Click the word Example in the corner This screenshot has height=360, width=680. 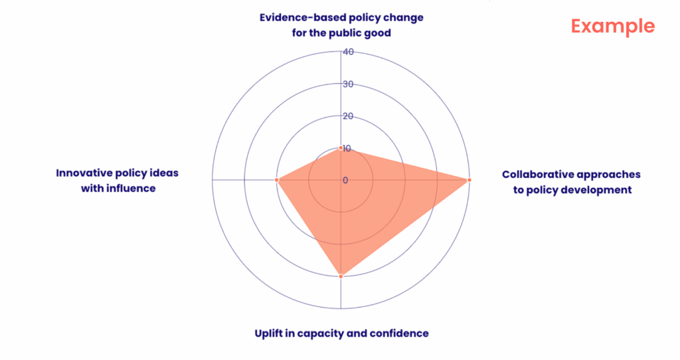(613, 27)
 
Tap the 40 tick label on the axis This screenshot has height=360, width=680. (348, 52)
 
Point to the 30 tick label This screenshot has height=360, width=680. (348, 84)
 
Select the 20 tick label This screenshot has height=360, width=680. (348, 116)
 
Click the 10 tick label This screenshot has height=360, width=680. (348, 148)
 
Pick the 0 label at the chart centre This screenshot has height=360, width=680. (345, 180)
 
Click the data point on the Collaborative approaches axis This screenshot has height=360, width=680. (469, 180)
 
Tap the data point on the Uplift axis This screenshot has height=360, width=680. (341, 276)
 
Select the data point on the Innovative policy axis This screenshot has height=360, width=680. (277, 180)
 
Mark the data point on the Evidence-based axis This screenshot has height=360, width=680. (341, 148)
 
